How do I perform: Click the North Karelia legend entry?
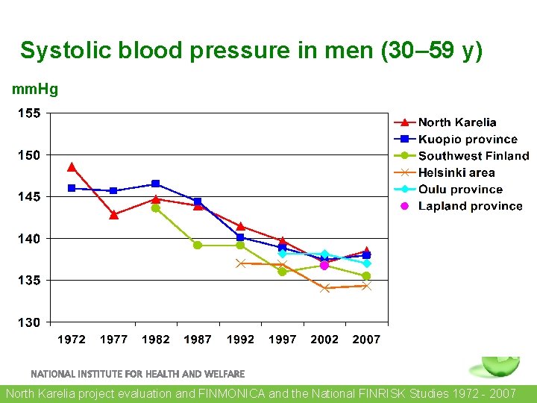pyautogui.click(x=456, y=122)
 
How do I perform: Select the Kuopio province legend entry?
pyautogui.click(x=467, y=140)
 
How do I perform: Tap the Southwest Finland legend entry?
pyautogui.click(x=473, y=156)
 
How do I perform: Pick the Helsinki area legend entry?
pyautogui.click(x=456, y=172)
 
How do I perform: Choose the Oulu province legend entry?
pyautogui.click(x=459, y=190)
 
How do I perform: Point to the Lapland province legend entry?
pyautogui.click(x=470, y=206)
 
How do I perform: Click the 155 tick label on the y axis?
pyautogui.click(x=31, y=113)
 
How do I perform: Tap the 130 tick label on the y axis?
pyautogui.click(x=31, y=322)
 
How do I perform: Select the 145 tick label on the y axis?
pyautogui.click(x=31, y=197)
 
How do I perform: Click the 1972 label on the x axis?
pyautogui.click(x=72, y=340)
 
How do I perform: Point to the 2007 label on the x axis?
pyautogui.click(x=366, y=340)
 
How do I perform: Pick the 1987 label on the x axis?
pyautogui.click(x=198, y=340)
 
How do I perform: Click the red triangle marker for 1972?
pyautogui.click(x=72, y=167)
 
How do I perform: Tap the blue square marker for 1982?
pyautogui.click(x=156, y=184)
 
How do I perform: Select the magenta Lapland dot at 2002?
pyautogui.click(x=324, y=265)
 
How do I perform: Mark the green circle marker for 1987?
pyautogui.click(x=198, y=245)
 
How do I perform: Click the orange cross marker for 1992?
pyautogui.click(x=240, y=263)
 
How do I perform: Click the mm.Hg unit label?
pyautogui.click(x=35, y=90)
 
